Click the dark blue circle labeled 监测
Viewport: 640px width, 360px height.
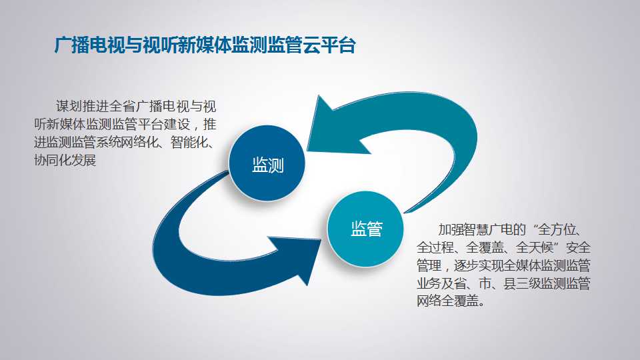point(267,163)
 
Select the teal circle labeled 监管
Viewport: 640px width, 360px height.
point(365,229)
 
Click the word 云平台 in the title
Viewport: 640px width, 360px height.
point(329,45)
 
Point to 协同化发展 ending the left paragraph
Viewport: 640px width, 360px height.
point(65,160)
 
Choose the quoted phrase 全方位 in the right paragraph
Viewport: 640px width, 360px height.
point(557,230)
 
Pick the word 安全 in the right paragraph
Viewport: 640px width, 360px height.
point(578,248)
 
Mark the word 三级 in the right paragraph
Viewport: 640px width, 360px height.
point(528,284)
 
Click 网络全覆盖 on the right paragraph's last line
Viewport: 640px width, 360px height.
point(448,301)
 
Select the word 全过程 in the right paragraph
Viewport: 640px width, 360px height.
point(435,248)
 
